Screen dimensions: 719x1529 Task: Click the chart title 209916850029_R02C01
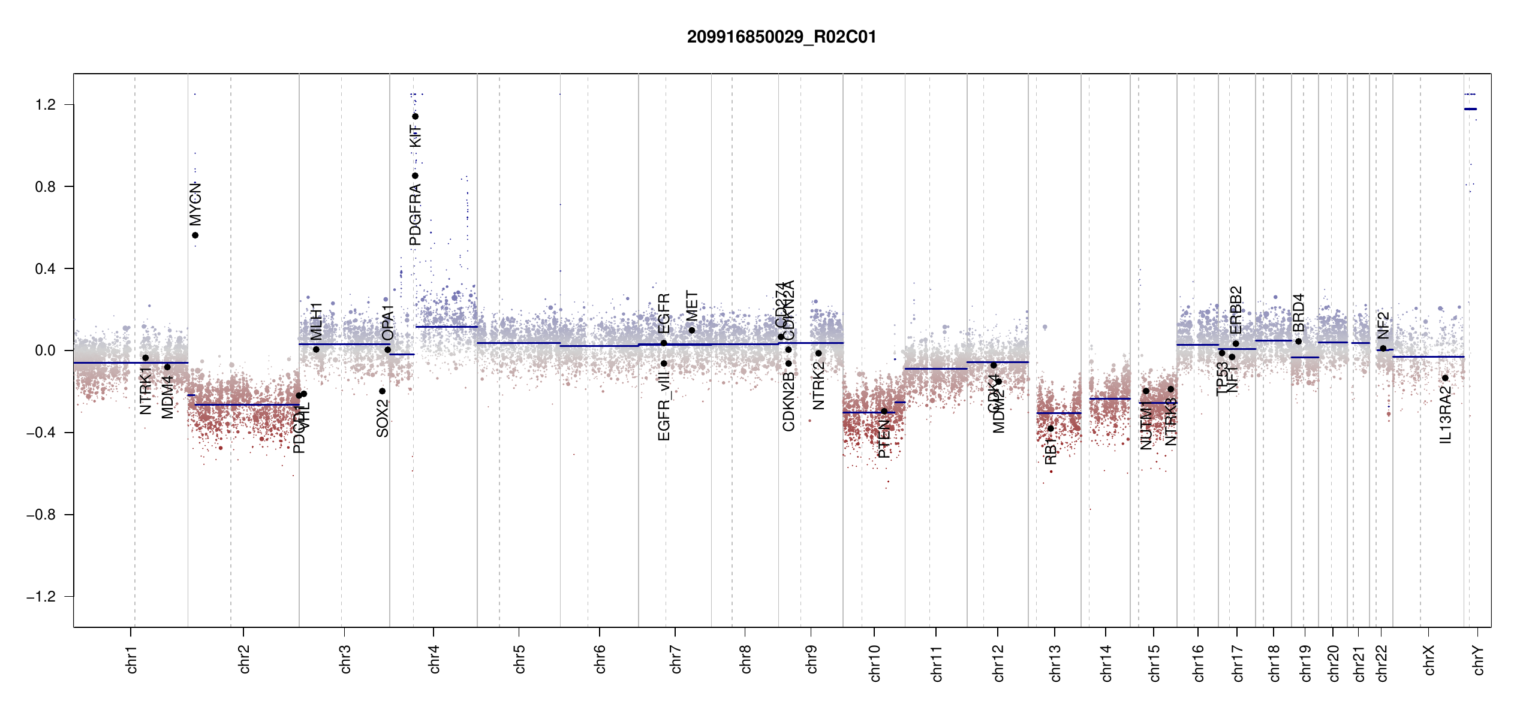781,37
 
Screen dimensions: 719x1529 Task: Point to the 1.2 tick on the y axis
46,105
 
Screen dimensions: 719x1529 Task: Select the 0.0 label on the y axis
46,351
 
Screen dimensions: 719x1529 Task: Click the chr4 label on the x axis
434,659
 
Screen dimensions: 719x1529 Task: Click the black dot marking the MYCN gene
195,235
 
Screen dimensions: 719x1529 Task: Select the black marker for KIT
415,116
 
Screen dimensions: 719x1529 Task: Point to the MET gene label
692,306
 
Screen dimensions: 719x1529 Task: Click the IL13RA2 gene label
1446,415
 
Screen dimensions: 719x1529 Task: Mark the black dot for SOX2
382,391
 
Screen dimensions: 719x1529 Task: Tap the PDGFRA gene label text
415,215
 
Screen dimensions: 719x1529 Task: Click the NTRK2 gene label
818,386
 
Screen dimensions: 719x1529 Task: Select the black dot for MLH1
316,349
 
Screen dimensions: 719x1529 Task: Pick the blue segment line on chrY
1470,109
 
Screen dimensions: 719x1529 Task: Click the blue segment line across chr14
1109,398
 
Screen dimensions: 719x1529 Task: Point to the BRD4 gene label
1298,312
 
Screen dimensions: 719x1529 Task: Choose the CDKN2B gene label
788,401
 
